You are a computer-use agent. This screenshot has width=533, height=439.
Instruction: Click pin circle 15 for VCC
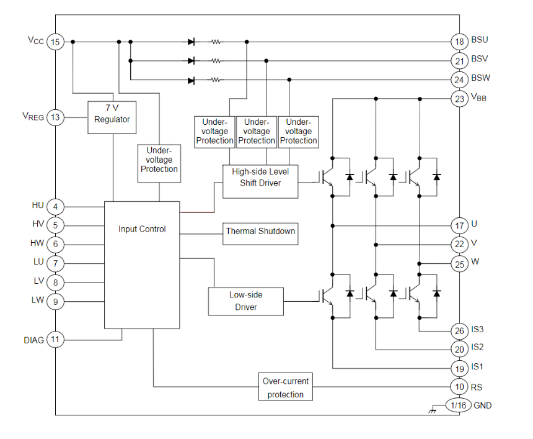pos(56,42)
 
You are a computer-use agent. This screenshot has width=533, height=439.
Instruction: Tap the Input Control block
pos(142,265)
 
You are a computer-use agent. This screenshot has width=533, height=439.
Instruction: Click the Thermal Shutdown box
pos(260,232)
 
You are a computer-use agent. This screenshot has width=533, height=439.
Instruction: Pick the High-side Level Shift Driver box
pos(260,181)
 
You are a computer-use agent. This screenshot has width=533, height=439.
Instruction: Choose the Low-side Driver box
pos(246,301)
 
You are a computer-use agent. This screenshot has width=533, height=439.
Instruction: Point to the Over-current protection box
pos(285,387)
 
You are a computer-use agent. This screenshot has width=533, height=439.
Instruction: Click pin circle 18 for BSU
pos(459,42)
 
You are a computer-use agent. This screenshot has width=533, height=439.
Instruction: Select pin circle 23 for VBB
pos(459,98)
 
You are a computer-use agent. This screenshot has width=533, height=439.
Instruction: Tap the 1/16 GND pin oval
pos(459,405)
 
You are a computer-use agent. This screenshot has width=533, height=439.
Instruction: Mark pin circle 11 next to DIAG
pos(56,340)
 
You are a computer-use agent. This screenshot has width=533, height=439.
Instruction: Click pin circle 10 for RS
pos(459,387)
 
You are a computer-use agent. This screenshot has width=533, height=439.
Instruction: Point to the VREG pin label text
pos(33,116)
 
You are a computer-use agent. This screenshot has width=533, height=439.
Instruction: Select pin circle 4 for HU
pos(56,206)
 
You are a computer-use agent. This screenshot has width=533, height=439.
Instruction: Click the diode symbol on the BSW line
pos(191,80)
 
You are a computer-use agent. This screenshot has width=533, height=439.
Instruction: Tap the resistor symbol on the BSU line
pos(216,42)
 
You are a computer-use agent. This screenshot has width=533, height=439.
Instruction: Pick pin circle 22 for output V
pos(459,244)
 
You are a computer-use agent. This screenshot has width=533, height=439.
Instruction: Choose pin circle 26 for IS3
pos(459,330)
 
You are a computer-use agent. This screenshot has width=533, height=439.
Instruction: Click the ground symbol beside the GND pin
pos(432,410)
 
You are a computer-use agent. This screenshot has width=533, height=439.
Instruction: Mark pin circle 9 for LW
pos(56,302)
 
